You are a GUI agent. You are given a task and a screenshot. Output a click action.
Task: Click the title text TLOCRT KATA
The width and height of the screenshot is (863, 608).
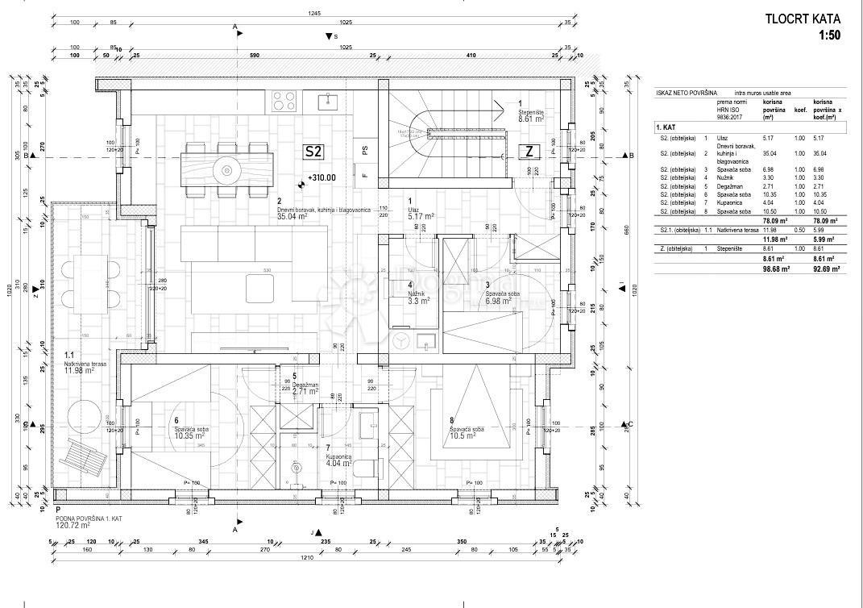coord(802,19)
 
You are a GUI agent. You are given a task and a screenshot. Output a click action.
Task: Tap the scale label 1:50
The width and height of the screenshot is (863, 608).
coord(829,35)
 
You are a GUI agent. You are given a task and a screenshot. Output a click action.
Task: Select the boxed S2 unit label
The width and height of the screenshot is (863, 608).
coord(313,151)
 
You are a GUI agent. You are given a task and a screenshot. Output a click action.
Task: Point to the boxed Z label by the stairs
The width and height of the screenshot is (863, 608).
coord(529,151)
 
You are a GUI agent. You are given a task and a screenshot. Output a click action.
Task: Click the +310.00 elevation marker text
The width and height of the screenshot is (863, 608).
coord(321,178)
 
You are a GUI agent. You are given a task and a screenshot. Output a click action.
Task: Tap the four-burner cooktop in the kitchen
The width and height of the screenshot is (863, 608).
coord(284,101)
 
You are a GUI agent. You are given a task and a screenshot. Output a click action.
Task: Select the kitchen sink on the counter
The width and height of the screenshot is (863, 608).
coord(329,101)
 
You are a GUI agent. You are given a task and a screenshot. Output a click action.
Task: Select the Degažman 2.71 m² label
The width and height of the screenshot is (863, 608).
coord(305,389)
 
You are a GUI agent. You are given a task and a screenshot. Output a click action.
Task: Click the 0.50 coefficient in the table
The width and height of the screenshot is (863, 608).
coord(799,231)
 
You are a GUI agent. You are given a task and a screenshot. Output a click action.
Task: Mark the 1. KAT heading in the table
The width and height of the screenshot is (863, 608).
coord(666,127)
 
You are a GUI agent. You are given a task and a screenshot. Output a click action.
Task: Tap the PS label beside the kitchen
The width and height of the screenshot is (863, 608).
coord(364,150)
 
